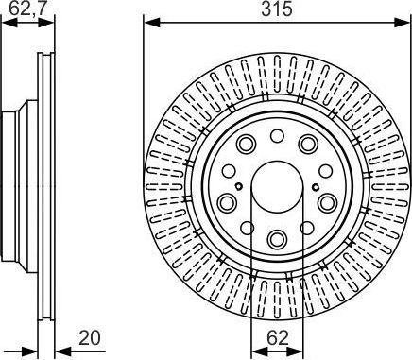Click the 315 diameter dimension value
pyautogui.click(x=277, y=9)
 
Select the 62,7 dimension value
pyautogui.click(x=27, y=9)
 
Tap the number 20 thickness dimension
pyautogui.click(x=90, y=337)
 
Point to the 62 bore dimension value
pyautogui.click(x=278, y=338)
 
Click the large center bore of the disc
pyautogui.click(x=277, y=187)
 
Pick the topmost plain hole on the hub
pyautogui.click(x=277, y=135)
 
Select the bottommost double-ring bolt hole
pyautogui.click(x=277, y=239)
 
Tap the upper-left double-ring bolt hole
pyautogui.click(x=247, y=144)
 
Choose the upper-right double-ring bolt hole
pyautogui.click(x=308, y=144)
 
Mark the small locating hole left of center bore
pyautogui.click(x=239, y=186)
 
